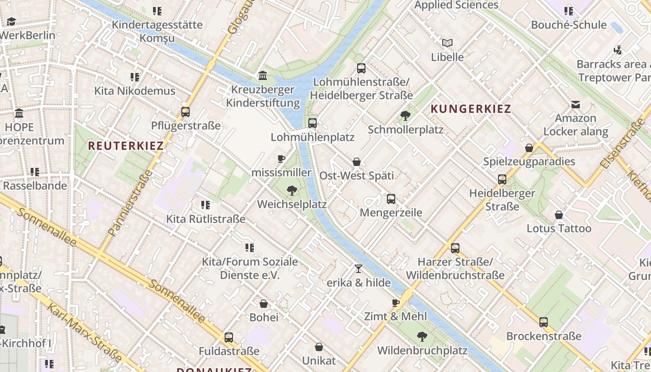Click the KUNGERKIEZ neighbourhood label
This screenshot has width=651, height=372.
(471, 109)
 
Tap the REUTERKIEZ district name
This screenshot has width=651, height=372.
(126, 146)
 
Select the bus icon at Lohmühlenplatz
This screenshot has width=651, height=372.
(312, 123)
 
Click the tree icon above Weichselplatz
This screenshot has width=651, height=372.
(292, 190)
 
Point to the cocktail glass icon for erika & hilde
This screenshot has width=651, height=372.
(358, 269)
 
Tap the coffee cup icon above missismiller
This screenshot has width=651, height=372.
(281, 159)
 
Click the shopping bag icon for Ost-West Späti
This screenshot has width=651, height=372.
(357, 162)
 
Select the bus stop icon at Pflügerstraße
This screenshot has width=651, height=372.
(186, 112)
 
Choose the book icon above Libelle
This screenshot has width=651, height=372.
(447, 43)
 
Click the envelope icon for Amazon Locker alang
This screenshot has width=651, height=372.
(576, 105)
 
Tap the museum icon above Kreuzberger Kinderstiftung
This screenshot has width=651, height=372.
(263, 75)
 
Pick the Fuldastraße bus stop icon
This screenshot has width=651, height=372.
(229, 338)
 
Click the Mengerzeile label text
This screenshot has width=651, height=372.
(391, 213)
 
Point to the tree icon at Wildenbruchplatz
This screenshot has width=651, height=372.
(422, 336)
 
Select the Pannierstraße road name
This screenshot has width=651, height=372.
(131, 202)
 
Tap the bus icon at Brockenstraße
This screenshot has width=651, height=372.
(544, 322)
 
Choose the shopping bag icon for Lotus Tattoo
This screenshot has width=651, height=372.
(559, 215)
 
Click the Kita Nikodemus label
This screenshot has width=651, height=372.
(135, 91)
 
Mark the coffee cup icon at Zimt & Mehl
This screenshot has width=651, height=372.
(396, 303)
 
